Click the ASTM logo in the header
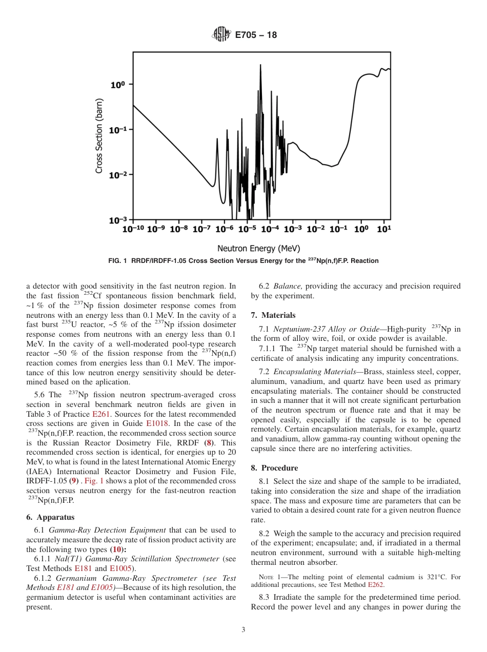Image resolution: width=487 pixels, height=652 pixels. (221, 35)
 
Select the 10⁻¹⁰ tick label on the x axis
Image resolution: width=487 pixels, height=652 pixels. (133, 229)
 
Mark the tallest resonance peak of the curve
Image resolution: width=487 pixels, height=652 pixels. (260, 66)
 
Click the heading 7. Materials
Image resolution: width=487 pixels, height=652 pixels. (273, 315)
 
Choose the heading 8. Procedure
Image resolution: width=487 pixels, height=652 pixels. (274, 467)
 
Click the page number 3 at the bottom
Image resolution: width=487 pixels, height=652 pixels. (243, 630)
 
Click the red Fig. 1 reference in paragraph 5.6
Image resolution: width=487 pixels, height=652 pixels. (94, 481)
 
